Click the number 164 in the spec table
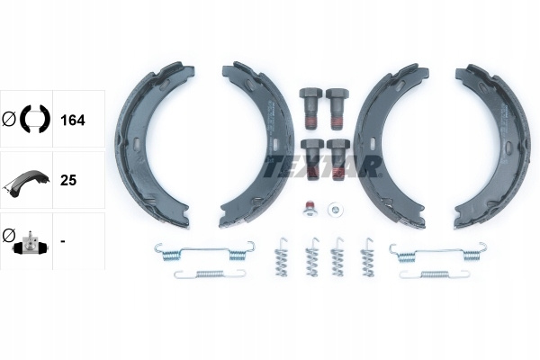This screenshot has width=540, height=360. [72, 121]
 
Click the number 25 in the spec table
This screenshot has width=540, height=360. [68, 180]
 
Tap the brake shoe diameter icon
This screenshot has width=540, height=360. [26, 119]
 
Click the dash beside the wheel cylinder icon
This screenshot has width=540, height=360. [63, 241]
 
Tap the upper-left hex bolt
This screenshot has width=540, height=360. [310, 108]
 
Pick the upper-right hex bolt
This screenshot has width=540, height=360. [337, 109]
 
